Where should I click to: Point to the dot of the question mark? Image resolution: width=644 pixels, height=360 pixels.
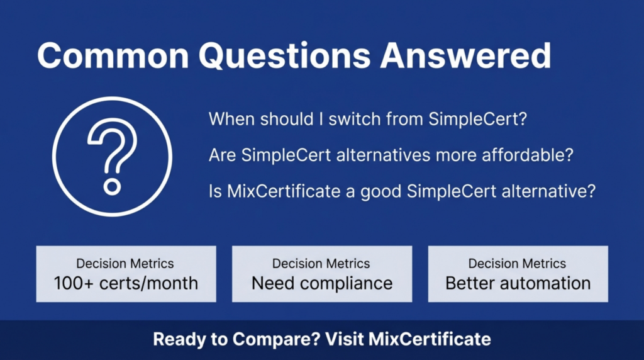click(x=112, y=187)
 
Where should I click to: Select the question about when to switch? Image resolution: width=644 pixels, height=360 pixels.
click(x=367, y=119)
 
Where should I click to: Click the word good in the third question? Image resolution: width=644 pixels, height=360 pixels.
click(x=381, y=191)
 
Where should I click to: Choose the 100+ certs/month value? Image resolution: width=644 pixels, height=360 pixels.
click(x=126, y=283)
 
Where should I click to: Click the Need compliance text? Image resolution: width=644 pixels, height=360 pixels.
click(x=322, y=283)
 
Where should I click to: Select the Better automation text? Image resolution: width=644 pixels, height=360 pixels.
click(x=518, y=283)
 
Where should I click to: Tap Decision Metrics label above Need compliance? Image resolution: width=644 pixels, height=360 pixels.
click(x=321, y=264)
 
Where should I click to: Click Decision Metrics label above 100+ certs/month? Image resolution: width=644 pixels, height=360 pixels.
click(x=125, y=264)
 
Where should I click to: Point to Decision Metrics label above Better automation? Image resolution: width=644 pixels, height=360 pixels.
click(x=518, y=264)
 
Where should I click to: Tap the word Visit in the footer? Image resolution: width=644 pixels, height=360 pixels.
click(x=345, y=340)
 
